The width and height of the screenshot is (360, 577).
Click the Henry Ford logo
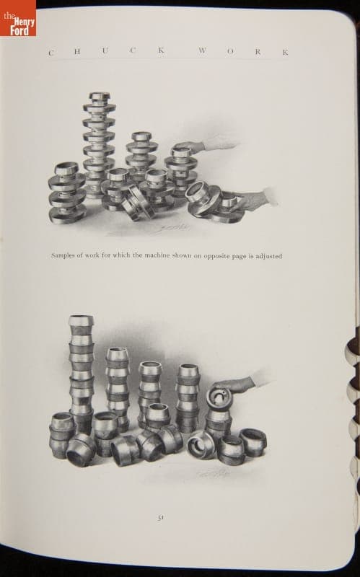18,18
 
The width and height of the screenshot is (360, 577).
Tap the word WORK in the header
243,51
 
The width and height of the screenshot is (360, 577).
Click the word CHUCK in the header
106,51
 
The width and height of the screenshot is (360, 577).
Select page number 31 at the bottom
160,517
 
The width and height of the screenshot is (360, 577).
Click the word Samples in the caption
63,255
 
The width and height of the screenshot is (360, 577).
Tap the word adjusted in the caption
269,256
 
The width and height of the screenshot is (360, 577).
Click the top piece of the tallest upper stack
100,97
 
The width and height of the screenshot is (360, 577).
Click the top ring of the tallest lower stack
81,320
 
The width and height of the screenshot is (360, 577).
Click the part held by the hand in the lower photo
219,397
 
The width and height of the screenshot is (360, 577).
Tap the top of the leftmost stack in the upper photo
66,168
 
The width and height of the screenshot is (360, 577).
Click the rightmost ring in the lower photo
253,442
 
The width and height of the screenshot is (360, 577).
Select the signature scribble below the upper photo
172,228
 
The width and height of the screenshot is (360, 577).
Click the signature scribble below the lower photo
213,473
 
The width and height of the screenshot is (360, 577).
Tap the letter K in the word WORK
285,53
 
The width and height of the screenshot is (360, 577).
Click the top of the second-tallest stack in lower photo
118,354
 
